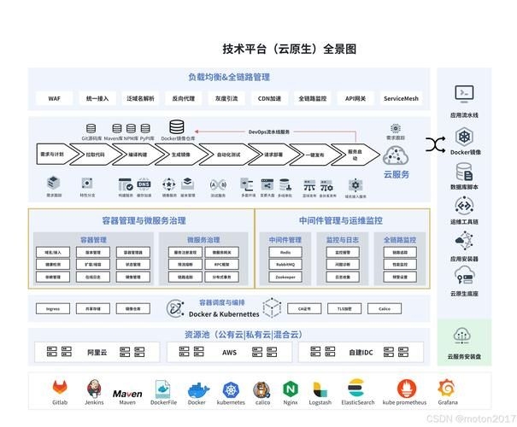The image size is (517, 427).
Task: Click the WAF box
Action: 54,98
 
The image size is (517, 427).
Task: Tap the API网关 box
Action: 355,98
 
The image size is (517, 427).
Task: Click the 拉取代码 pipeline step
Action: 95,155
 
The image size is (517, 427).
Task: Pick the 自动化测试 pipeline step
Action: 228,155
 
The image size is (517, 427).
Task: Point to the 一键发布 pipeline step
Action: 316,155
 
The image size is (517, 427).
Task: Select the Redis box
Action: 285,253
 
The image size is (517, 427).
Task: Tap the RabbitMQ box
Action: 285,265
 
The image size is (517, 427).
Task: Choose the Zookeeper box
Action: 285,278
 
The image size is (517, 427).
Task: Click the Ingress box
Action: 53,308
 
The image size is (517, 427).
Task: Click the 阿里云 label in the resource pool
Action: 97,352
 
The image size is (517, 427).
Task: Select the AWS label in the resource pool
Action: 229,352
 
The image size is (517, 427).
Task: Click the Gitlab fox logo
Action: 61,388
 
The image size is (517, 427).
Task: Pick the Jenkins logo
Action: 95,388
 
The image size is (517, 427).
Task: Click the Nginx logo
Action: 291,389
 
